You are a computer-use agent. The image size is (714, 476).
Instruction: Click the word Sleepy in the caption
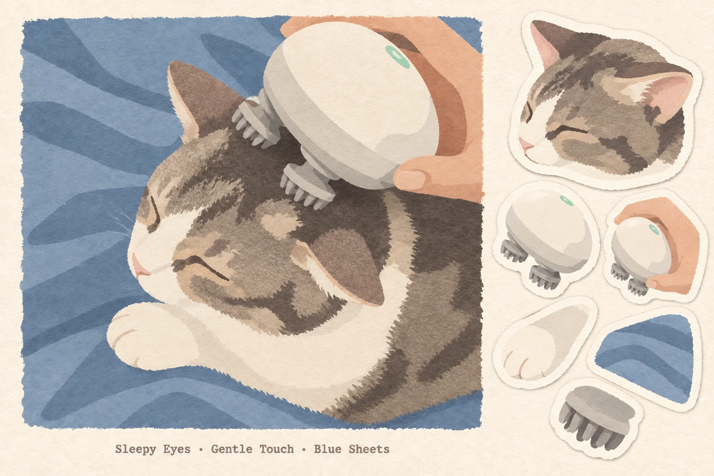pos(135,450)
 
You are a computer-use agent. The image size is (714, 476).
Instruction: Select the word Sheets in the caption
pos(369,449)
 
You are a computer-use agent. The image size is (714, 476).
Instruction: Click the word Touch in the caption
pos(277,449)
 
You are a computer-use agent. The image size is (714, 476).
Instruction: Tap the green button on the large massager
pos(397,57)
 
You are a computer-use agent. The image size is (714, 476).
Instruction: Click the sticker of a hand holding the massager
pos(655,247)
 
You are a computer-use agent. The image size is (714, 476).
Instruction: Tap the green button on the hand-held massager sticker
pos(653,229)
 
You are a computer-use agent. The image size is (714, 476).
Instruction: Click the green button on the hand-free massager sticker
pos(567,201)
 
